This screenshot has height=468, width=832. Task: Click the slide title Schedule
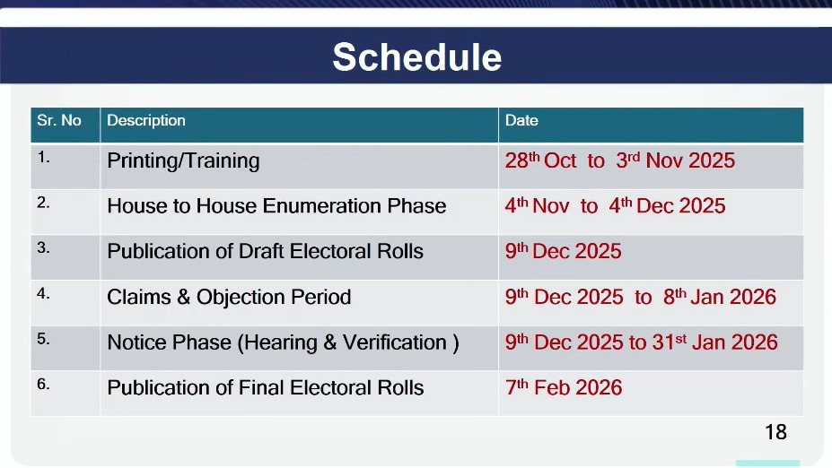pos(417,56)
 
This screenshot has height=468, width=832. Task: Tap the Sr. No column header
pos(59,120)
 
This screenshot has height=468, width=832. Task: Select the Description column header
pos(146,120)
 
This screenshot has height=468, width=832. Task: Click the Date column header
pos(521,120)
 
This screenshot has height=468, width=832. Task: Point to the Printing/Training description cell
pos(183,160)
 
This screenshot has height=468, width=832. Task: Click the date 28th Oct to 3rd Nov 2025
pos(620,160)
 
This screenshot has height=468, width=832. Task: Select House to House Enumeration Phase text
pos(276,205)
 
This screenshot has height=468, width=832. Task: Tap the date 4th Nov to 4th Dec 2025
pos(615,205)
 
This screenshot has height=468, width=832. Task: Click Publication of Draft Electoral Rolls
pos(266,251)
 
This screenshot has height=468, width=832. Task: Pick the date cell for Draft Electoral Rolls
pos(563,251)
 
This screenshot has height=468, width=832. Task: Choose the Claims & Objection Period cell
pos(229,297)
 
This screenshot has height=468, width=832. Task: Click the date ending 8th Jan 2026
pos(641,297)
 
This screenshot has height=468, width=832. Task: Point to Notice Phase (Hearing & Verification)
pos(283,342)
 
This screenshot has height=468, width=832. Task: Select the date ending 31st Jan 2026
pos(641,342)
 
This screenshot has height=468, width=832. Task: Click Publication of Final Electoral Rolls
pos(266,387)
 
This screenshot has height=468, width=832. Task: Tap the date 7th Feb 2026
pos(564,387)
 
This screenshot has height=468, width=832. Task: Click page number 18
pos(775,432)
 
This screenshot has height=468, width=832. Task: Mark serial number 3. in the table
pos(43,247)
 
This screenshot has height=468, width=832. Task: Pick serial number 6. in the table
pos(43,384)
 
